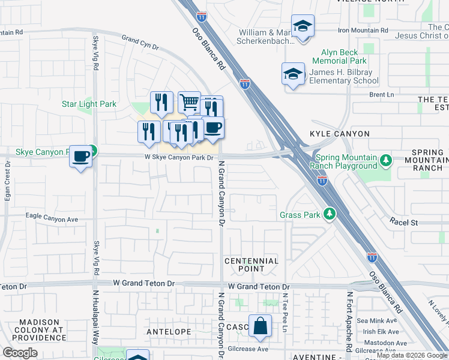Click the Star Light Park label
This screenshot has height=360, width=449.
pyautogui.click(x=89, y=104)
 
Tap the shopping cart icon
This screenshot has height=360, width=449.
pyautogui.click(x=189, y=102)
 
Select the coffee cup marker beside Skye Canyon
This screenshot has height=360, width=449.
pyautogui.click(x=80, y=157)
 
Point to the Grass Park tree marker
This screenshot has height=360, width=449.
pyautogui.click(x=328, y=214)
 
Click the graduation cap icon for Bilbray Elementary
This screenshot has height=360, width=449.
pyautogui.click(x=292, y=74)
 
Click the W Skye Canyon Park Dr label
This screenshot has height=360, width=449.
pyautogui.click(x=179, y=157)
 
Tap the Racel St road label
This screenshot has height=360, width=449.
pyautogui.click(x=403, y=221)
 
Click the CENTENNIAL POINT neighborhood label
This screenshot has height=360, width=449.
pyautogui.click(x=252, y=265)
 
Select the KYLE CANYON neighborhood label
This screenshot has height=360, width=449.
pyautogui.click(x=339, y=133)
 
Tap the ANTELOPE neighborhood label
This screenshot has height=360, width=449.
pyautogui.click(x=169, y=331)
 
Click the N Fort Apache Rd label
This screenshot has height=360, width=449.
pyautogui.click(x=349, y=320)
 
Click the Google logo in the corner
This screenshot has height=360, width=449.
pyautogui.click(x=20, y=353)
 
